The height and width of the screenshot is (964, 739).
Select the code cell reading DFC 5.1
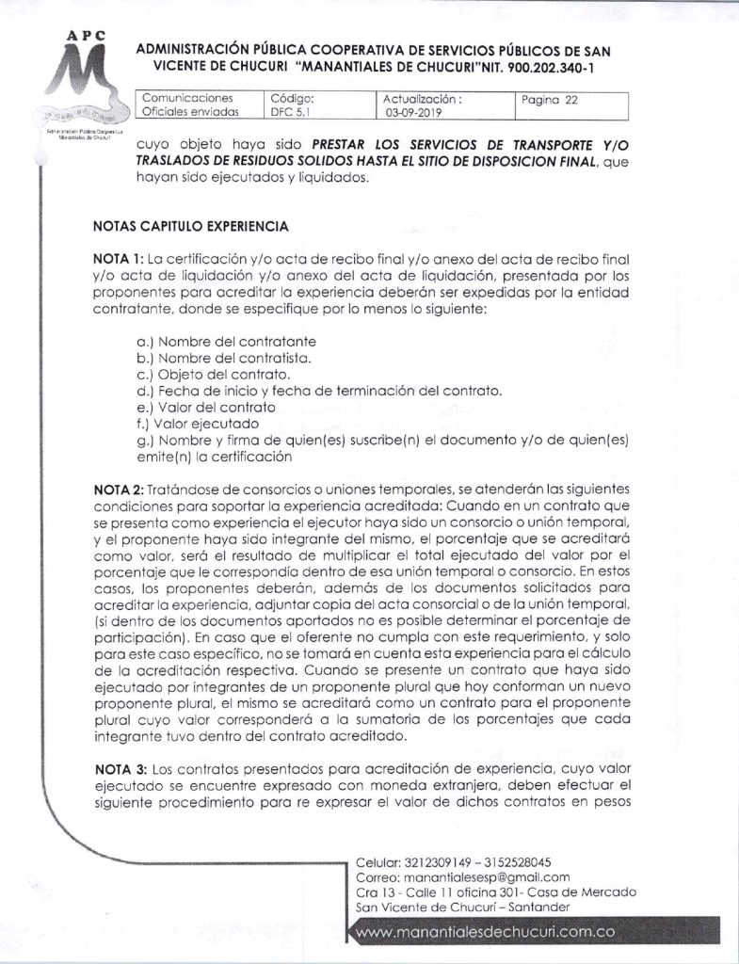coord(290,111)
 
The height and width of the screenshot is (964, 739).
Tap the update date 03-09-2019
coord(411,111)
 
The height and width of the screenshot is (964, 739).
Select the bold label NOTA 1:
coord(118,259)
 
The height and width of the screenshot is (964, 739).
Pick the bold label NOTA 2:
coord(118,490)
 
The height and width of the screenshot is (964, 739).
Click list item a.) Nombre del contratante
coord(226,341)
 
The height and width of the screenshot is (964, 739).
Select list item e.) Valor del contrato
coord(207,408)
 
